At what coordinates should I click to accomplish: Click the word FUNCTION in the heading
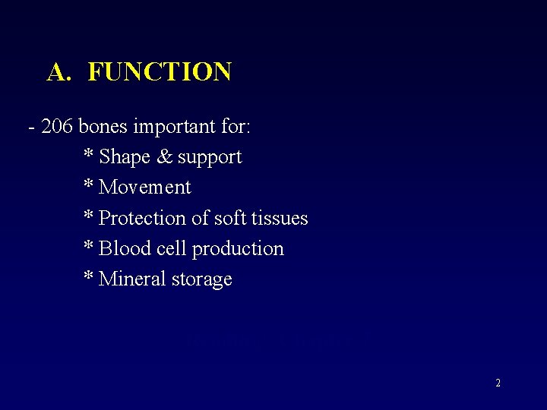pyautogui.click(x=160, y=72)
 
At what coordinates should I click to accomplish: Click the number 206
pyautogui.click(x=57, y=126)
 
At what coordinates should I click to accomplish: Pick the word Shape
pyautogui.click(x=125, y=157)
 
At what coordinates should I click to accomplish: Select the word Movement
pyautogui.click(x=145, y=188)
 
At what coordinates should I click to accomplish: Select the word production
pyautogui.click(x=238, y=249)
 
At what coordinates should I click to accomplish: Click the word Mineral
pyautogui.click(x=128, y=279)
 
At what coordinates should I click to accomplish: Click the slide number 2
pyautogui.click(x=498, y=383)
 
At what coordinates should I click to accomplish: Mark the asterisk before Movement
pyautogui.click(x=88, y=184)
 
